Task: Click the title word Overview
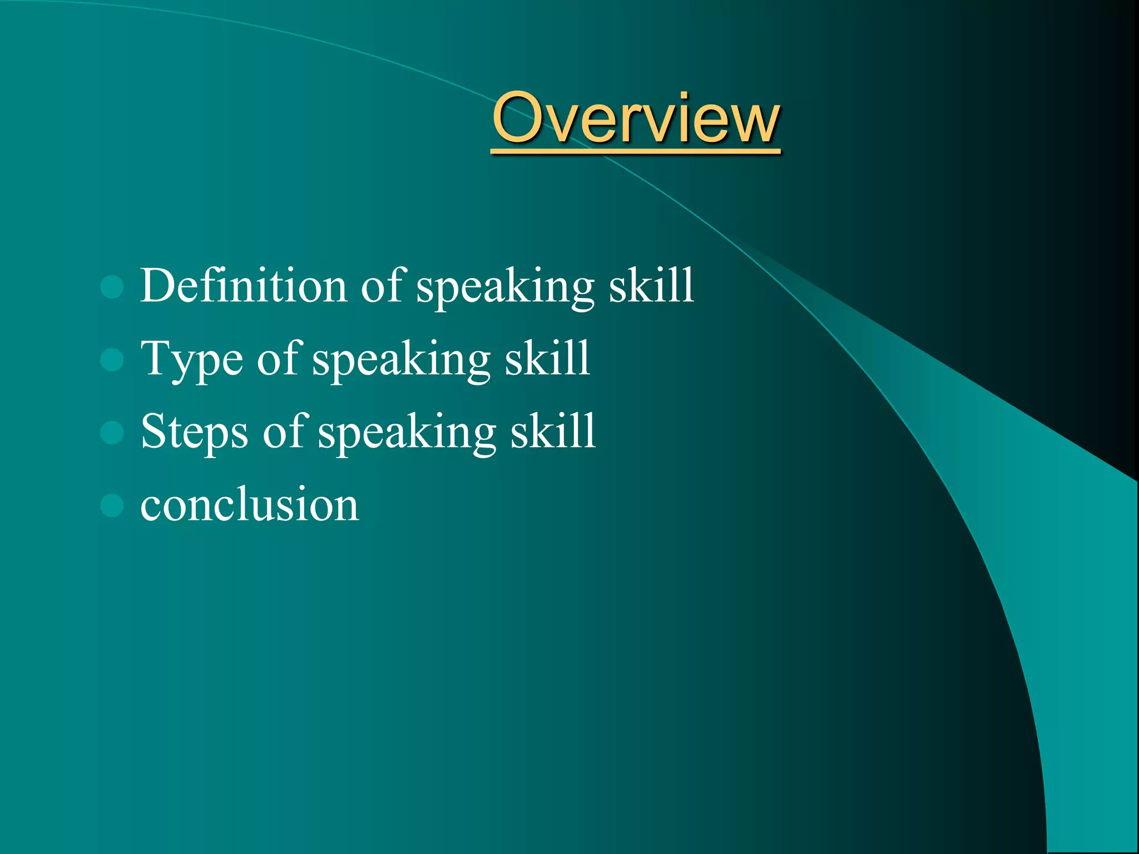(x=636, y=118)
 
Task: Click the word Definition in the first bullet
(x=244, y=285)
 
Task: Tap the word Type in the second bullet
(x=192, y=360)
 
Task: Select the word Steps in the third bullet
(x=195, y=432)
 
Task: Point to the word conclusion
(x=250, y=504)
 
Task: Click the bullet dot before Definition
(x=112, y=287)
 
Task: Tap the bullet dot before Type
(x=112, y=360)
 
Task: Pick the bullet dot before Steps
(x=112, y=433)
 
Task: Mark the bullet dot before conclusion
(x=112, y=505)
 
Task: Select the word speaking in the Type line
(x=401, y=360)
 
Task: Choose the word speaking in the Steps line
(x=407, y=433)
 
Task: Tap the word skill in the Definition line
(x=651, y=285)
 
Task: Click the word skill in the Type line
(x=547, y=359)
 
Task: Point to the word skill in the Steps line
(x=553, y=431)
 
